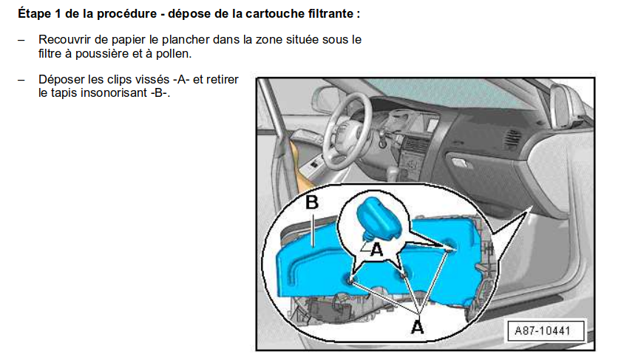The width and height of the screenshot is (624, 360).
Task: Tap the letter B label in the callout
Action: coord(312,202)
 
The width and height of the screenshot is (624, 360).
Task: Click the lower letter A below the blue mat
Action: coord(418,325)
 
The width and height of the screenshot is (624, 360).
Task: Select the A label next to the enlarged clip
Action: coord(377,250)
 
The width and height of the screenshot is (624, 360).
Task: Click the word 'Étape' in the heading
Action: coord(35,14)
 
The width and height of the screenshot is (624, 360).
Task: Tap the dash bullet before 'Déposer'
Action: coord(21,80)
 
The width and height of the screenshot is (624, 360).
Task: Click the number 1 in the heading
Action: coord(57,14)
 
